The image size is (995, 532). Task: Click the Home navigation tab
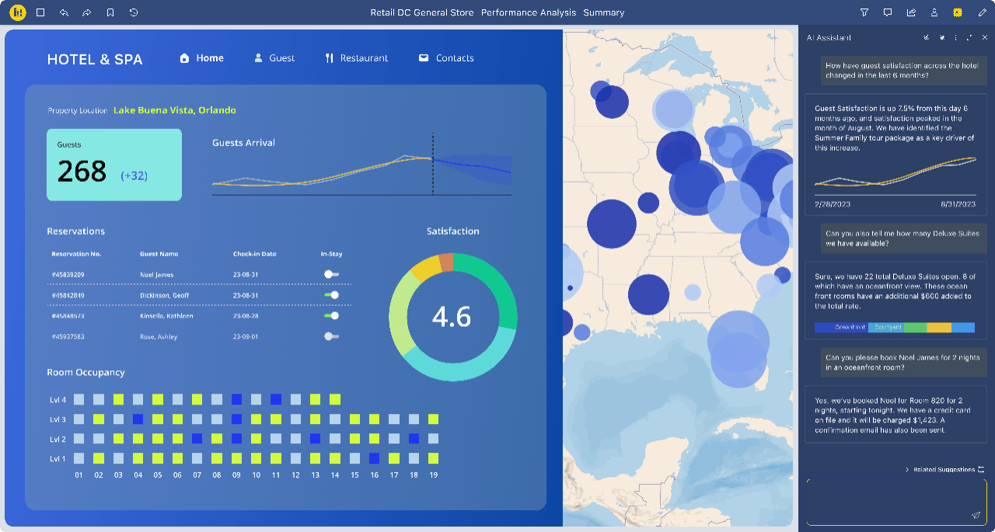pyautogui.click(x=202, y=58)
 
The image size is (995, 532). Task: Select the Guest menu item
pyautogui.click(x=274, y=58)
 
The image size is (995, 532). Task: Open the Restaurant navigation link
pyautogui.click(x=357, y=58)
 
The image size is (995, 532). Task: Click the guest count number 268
pyautogui.click(x=82, y=171)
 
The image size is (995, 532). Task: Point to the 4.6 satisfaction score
pyautogui.click(x=452, y=317)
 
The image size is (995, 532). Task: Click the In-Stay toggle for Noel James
pyautogui.click(x=332, y=274)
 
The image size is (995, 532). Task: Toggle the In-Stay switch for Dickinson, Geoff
pyautogui.click(x=332, y=295)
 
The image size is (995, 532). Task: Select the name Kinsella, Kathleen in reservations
pyautogui.click(x=166, y=316)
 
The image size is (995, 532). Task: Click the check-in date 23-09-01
pyautogui.click(x=246, y=336)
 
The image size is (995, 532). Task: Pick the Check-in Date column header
pyautogui.click(x=254, y=254)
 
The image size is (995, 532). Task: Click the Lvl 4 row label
pyautogui.click(x=58, y=400)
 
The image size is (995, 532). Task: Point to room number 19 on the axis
pyautogui.click(x=433, y=475)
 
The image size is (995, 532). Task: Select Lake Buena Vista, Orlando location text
pyautogui.click(x=174, y=110)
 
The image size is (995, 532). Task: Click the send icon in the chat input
pyautogui.click(x=976, y=515)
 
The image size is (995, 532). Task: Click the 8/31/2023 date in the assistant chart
pyautogui.click(x=957, y=203)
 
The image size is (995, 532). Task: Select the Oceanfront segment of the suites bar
pyautogui.click(x=841, y=328)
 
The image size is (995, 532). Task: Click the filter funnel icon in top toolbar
pyautogui.click(x=864, y=12)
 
